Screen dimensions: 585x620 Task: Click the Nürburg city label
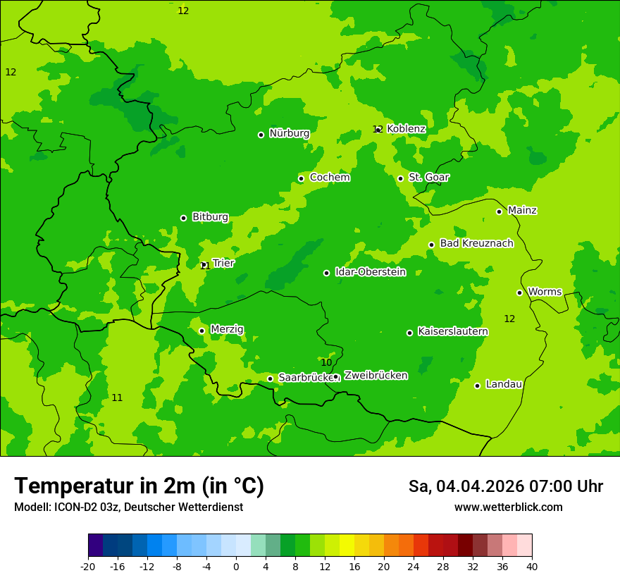(x=289, y=133)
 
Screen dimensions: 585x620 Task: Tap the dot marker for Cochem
(x=301, y=178)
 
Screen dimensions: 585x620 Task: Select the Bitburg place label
(x=210, y=217)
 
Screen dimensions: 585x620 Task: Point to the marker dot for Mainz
(x=499, y=211)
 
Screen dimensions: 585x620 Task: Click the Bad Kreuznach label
(x=476, y=244)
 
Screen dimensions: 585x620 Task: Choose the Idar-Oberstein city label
(x=370, y=272)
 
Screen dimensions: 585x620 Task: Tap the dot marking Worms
(x=519, y=292)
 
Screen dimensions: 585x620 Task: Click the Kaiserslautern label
(x=452, y=331)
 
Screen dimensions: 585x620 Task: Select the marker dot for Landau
(x=477, y=386)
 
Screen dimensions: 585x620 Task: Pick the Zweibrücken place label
(x=376, y=376)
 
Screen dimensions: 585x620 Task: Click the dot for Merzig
(x=201, y=331)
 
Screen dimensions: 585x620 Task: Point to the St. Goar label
(x=428, y=178)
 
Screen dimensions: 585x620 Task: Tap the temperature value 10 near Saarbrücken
(x=326, y=362)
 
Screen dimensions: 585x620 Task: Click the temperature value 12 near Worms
(x=509, y=319)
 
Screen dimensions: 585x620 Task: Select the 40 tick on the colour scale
(x=531, y=567)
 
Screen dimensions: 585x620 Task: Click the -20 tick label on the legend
(x=88, y=567)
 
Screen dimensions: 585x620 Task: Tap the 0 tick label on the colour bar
(x=236, y=567)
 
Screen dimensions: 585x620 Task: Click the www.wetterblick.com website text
(x=508, y=507)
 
